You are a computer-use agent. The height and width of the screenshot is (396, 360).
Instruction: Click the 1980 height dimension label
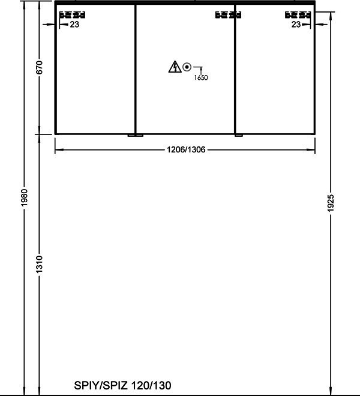coord(24,197)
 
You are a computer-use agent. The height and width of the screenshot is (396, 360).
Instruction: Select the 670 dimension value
coord(40,67)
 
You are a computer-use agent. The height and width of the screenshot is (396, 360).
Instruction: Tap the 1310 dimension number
coord(40,264)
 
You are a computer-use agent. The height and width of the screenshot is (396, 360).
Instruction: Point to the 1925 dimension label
coord(331,203)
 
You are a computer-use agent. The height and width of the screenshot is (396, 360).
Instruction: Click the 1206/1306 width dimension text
coord(186,150)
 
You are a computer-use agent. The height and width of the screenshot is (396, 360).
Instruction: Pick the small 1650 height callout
coord(201,77)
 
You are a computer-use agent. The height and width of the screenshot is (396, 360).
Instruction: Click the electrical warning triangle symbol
coord(175,67)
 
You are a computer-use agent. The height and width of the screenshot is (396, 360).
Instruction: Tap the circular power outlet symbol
coord(187,67)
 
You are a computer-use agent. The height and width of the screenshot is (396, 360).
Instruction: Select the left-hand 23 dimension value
coord(74,25)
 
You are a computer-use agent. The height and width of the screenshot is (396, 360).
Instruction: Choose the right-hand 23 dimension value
coord(296,25)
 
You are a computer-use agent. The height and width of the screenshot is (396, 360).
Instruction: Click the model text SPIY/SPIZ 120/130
coord(122,385)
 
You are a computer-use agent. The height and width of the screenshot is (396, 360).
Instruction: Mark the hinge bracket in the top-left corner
coord(72,15)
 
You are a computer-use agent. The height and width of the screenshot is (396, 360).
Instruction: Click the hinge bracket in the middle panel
coord(229,15)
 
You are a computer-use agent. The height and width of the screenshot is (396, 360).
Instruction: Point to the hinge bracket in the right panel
coord(298,15)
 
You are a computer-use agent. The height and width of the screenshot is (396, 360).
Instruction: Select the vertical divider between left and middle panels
coord(136,69)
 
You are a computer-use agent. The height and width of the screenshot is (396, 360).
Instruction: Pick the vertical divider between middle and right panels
coord(235,69)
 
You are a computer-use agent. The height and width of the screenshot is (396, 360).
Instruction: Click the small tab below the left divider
coord(136,136)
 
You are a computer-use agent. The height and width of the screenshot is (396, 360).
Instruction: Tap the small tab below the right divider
coord(239,136)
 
